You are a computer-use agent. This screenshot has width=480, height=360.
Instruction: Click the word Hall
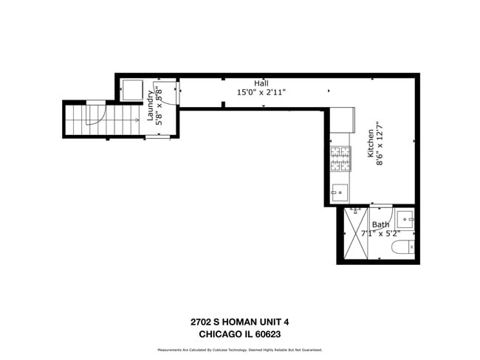coord(261,83)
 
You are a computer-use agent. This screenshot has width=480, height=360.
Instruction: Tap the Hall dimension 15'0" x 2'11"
coord(261,93)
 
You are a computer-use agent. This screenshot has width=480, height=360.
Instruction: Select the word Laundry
coord(150,108)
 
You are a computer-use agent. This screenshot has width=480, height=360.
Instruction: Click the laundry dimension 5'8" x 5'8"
coord(159,108)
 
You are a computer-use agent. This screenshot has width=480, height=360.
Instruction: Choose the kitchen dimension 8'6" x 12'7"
coord(381,148)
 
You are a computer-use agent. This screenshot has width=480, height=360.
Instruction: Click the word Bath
coord(380,224)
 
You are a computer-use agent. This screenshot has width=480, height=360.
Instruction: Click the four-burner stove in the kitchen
coord(340,159)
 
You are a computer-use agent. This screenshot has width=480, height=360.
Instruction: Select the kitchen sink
coord(340,193)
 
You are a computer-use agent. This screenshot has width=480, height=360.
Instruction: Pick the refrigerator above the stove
coord(342,120)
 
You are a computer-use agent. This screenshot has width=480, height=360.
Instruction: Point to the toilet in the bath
coord(403,247)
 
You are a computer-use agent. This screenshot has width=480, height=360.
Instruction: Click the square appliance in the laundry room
coord(134,89)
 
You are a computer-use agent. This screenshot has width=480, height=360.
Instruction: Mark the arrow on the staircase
coord(136,120)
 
